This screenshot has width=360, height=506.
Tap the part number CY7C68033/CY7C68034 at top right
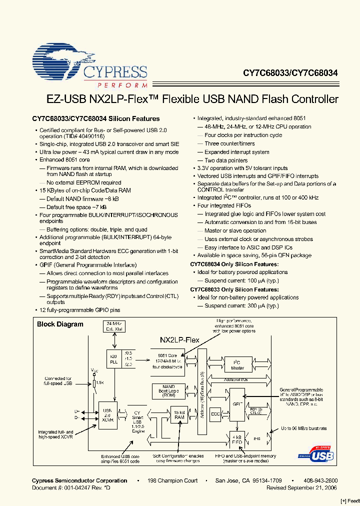[290, 73]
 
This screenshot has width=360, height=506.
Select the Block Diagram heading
[60, 324]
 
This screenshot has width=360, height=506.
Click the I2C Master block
[237, 365]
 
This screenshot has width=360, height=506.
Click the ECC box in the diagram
[215, 413]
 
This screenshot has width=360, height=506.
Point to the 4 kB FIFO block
[237, 438]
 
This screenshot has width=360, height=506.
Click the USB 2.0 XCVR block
[107, 415]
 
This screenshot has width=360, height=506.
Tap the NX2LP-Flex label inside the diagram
[179, 339]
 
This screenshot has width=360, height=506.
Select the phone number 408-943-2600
[320, 480]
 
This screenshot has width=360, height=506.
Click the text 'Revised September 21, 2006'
[301, 487]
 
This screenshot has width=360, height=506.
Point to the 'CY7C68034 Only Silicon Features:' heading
[234, 264]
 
